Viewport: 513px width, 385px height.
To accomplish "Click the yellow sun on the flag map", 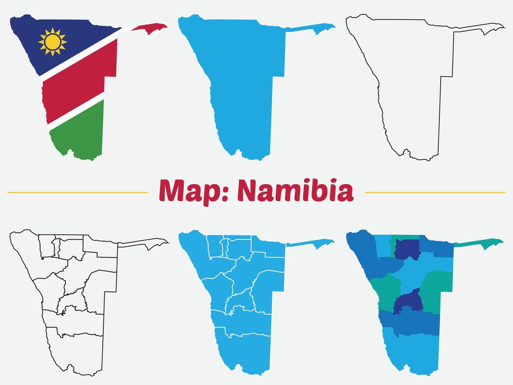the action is tap(53, 42).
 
